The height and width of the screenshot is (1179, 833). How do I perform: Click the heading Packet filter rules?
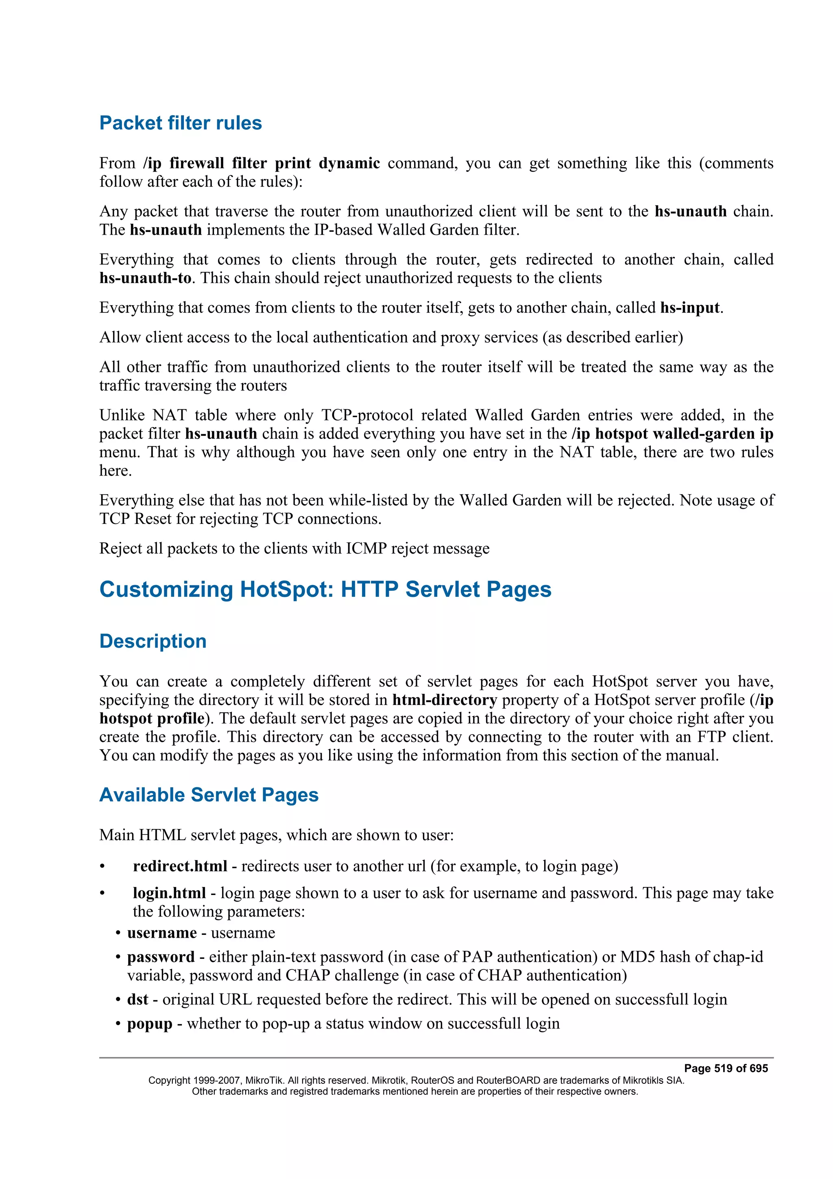click(x=180, y=123)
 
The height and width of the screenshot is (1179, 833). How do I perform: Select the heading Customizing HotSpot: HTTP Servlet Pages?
click(x=325, y=589)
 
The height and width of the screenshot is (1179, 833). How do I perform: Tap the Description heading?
click(x=153, y=641)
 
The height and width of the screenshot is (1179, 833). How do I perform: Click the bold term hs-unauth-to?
click(x=145, y=278)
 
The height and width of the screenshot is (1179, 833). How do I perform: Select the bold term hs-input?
click(x=690, y=308)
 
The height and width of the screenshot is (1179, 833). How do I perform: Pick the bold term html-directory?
click(x=445, y=701)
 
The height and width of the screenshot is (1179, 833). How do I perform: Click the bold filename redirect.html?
click(x=180, y=866)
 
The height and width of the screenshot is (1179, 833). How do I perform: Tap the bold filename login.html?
click(x=169, y=893)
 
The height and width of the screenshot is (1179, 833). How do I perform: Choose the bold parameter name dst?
click(x=137, y=1000)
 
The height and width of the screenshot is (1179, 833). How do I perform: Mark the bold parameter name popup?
click(x=149, y=1024)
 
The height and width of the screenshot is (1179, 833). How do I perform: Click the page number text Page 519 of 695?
click(x=726, y=1069)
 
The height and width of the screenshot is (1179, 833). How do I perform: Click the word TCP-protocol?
click(x=367, y=415)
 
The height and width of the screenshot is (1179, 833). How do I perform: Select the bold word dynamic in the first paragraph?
click(x=349, y=163)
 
